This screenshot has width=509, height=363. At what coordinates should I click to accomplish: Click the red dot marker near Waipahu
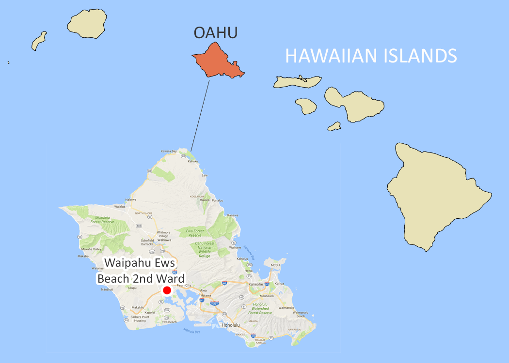point(167,290)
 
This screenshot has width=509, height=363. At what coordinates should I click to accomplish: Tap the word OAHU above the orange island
point(216,33)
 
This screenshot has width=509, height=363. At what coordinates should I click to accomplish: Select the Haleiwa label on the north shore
point(131,199)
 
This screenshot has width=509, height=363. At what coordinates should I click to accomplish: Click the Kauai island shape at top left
point(88,25)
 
